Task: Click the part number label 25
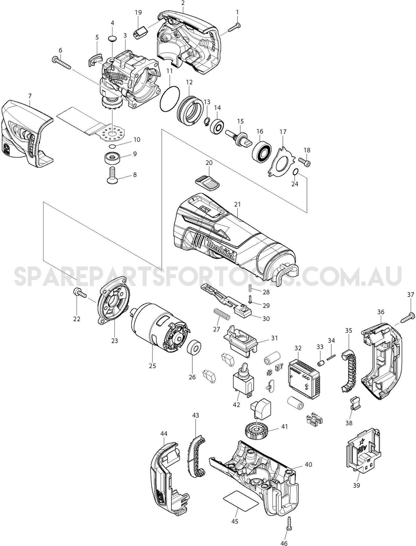pyautogui.click(x=152, y=366)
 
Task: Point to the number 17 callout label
pyautogui.click(x=283, y=132)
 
